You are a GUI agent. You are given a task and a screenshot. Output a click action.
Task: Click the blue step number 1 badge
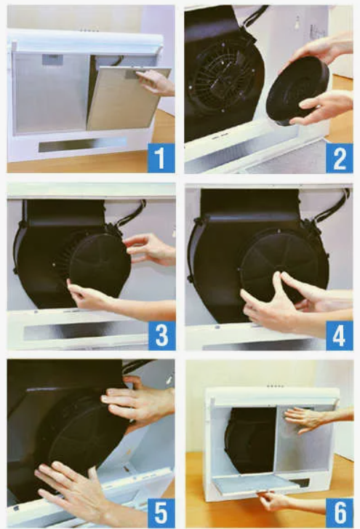point(161,158)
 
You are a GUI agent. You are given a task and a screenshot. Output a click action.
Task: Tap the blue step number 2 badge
point(339,158)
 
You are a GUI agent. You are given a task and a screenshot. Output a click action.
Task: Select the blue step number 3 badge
point(161,335)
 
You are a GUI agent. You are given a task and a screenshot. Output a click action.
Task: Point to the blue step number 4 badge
point(339,335)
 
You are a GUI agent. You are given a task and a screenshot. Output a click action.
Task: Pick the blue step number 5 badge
point(161,513)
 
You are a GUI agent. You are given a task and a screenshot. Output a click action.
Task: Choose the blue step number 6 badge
point(340,513)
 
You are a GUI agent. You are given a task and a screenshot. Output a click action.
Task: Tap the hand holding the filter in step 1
point(156,83)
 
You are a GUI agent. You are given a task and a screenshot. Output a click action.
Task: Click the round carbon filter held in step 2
point(297,91)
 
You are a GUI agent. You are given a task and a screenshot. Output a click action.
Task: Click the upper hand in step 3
point(150,249)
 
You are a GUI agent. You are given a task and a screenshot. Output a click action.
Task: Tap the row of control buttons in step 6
point(275,386)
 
